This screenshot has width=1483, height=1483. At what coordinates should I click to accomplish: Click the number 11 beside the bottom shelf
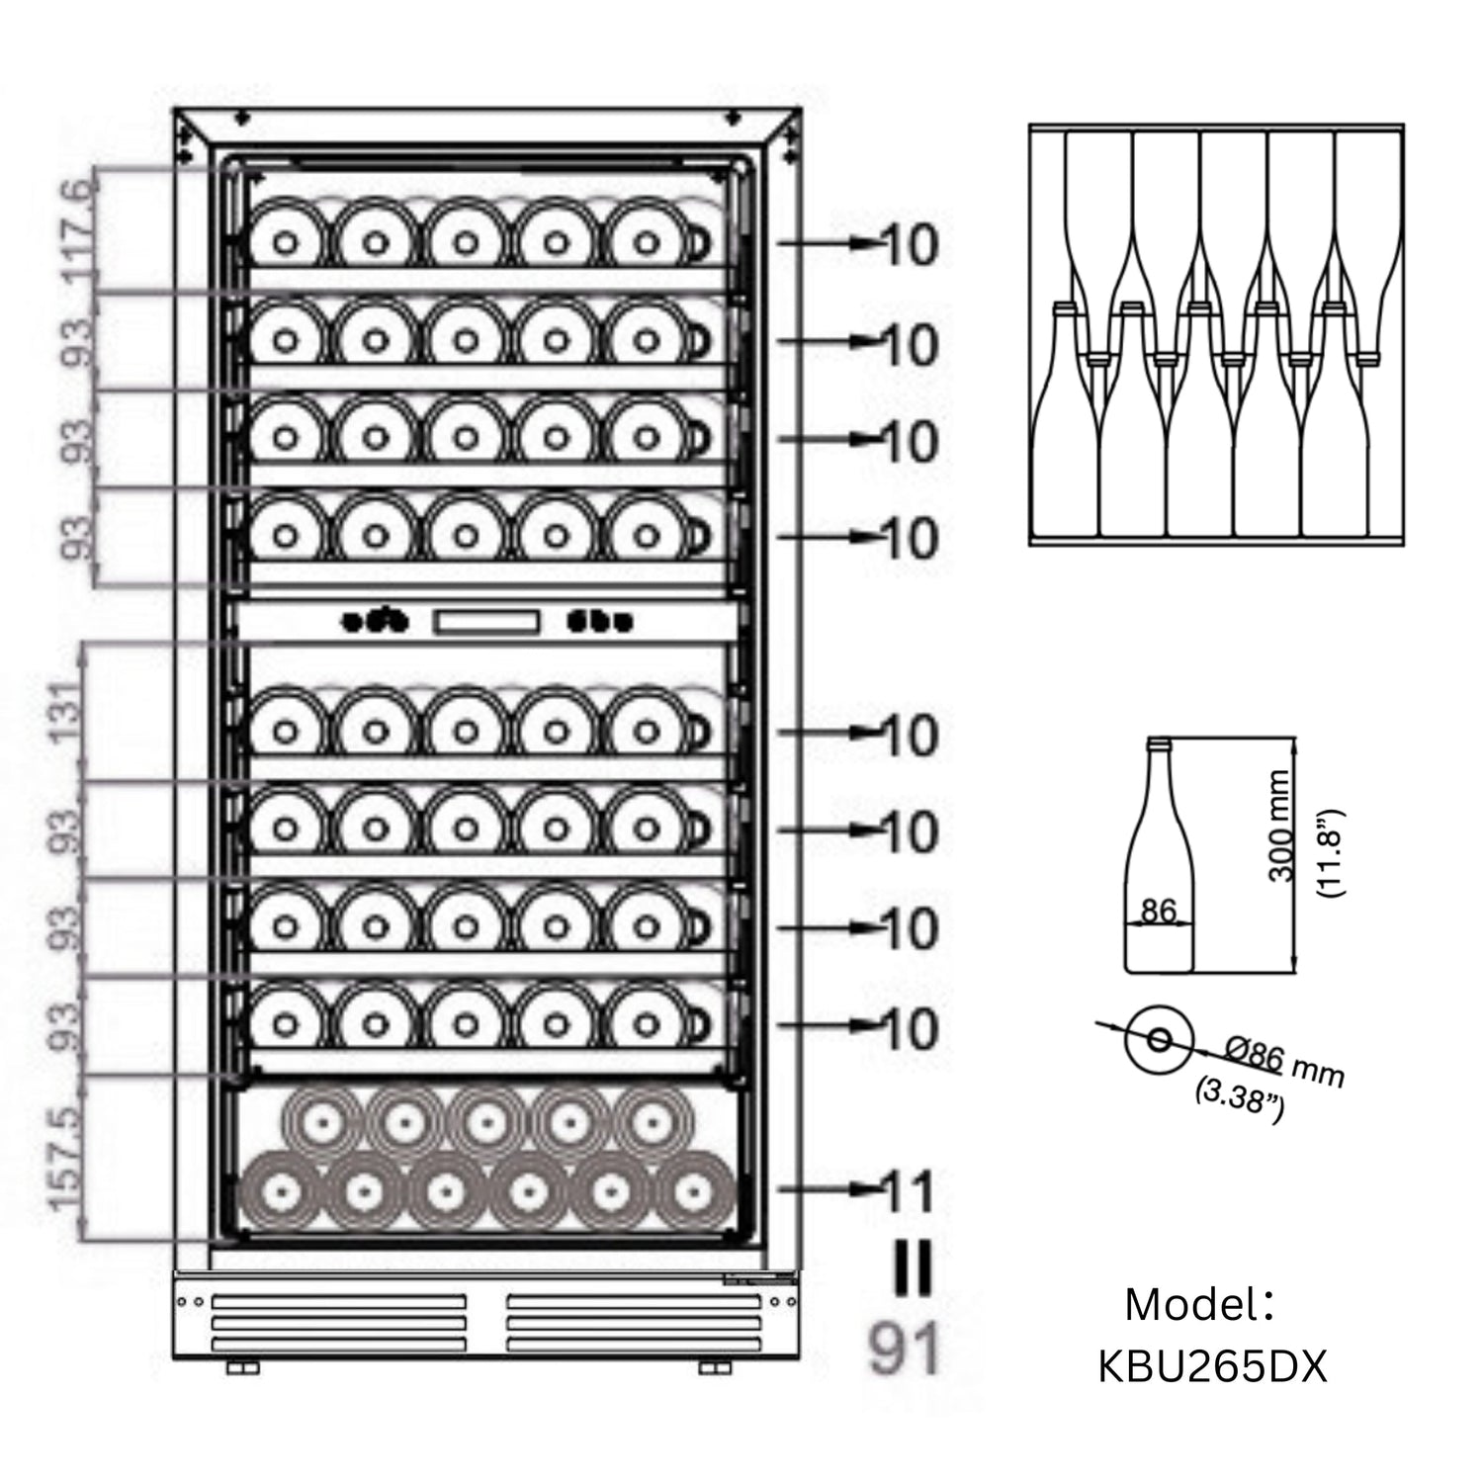click(x=907, y=1192)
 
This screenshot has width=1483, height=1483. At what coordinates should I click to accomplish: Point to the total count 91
click(x=904, y=1351)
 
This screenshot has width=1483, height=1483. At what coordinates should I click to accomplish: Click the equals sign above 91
click(x=912, y=1269)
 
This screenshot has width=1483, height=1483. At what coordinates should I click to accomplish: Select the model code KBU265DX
click(x=1212, y=1368)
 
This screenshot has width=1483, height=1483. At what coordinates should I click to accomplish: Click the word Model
click(x=1192, y=1305)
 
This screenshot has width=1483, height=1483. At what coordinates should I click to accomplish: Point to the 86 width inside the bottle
click(x=1158, y=910)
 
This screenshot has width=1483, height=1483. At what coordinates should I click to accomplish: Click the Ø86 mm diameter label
click(x=1283, y=1061)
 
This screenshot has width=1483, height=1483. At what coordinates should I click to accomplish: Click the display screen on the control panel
click(x=485, y=622)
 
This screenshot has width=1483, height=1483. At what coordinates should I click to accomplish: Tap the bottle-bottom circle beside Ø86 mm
click(x=1159, y=1039)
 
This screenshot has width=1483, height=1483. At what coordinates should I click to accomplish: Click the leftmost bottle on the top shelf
click(x=286, y=242)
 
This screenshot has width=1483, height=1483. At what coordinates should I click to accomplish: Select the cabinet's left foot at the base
click(x=242, y=1367)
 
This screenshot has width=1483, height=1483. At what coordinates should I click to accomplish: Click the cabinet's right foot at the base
click(x=714, y=1367)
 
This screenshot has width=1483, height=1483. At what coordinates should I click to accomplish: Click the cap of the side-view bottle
click(x=1158, y=741)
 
